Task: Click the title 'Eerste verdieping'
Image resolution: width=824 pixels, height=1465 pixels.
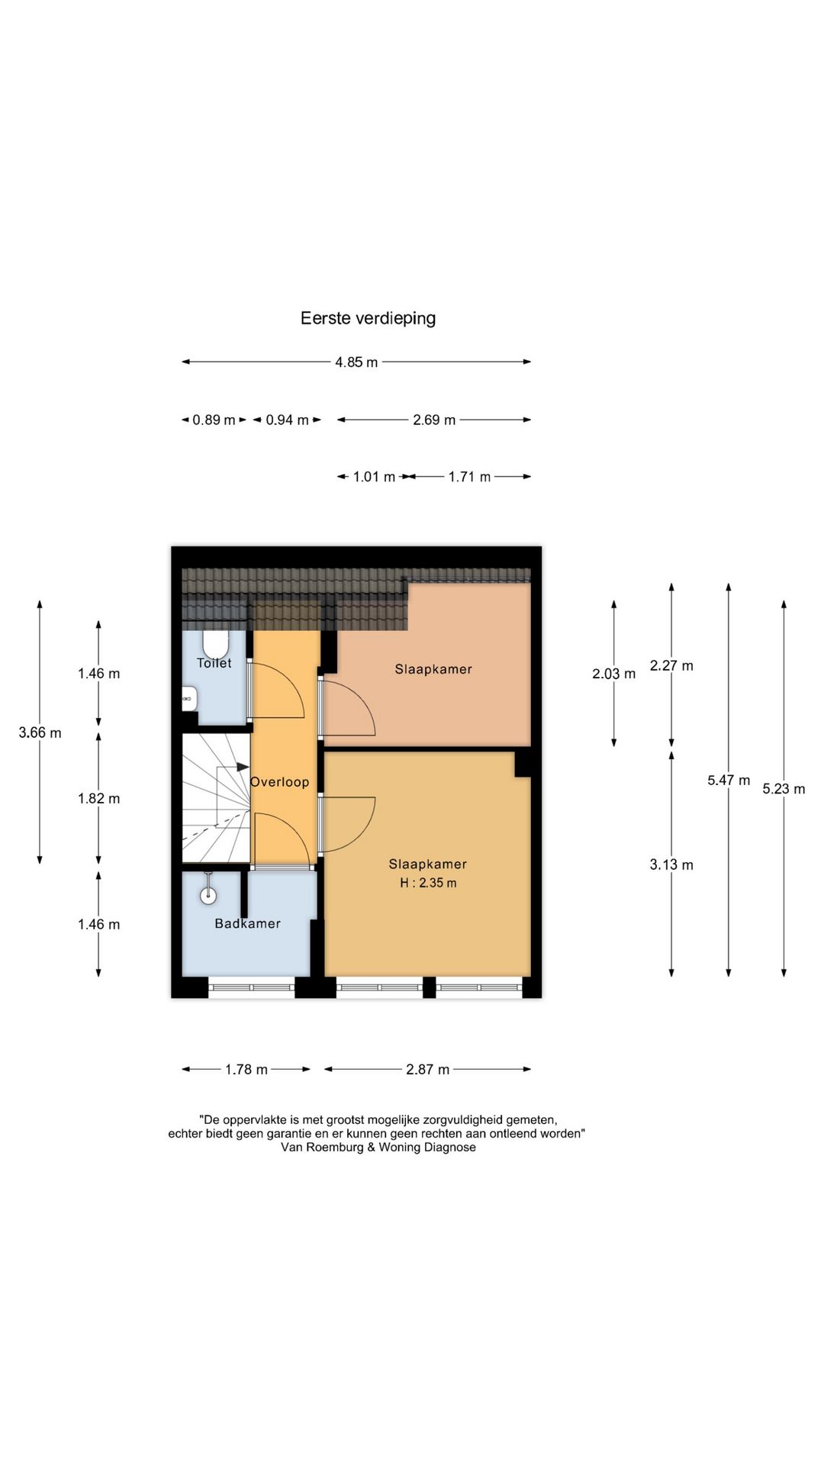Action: (x=368, y=318)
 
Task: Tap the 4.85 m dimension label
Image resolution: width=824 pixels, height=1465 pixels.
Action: (x=356, y=362)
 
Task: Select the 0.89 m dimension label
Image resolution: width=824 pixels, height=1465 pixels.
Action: (x=214, y=420)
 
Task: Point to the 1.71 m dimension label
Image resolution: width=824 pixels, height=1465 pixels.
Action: (x=469, y=477)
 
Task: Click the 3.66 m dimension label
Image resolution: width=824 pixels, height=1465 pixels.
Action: (x=40, y=733)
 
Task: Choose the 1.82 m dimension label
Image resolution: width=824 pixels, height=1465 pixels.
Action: (x=98, y=799)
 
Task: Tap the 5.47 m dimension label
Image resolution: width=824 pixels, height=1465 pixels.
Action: (x=728, y=781)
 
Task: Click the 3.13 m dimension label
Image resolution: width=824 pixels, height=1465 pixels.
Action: (x=671, y=865)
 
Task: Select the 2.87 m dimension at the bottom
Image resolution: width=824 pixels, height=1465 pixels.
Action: (x=427, y=1070)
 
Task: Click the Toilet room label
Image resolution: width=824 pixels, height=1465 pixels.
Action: (x=214, y=664)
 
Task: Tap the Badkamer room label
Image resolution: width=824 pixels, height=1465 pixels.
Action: (x=247, y=924)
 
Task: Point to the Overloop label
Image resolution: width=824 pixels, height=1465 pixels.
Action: (x=280, y=782)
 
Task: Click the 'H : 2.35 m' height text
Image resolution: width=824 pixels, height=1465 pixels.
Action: (x=428, y=884)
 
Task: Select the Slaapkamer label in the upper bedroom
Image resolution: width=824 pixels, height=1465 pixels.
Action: (x=433, y=670)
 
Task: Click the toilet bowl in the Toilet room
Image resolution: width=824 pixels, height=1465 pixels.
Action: (x=216, y=643)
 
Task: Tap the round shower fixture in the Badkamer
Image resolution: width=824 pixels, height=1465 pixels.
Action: (x=208, y=895)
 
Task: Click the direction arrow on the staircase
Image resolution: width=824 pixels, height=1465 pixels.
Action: (x=242, y=767)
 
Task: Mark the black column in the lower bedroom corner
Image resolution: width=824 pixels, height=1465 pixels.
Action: (x=523, y=764)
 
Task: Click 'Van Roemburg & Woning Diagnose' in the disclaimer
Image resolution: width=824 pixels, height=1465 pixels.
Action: (x=378, y=1148)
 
